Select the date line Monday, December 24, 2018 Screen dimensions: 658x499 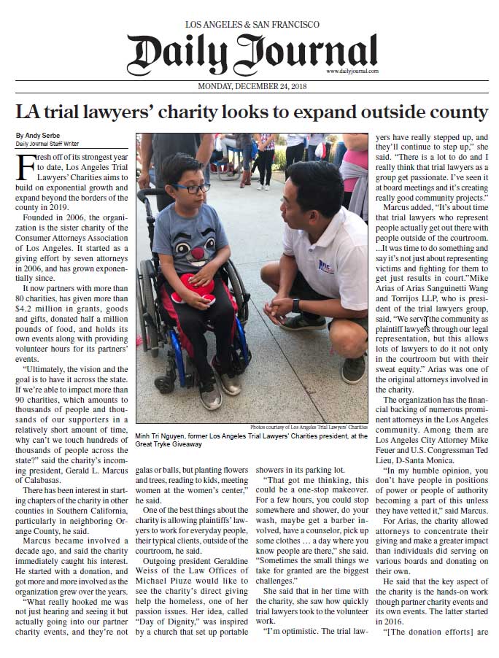(x=252, y=86)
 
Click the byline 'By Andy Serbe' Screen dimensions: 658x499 (x=37, y=136)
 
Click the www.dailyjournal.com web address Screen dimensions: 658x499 (x=352, y=71)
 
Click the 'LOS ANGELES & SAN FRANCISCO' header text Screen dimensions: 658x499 (x=252, y=25)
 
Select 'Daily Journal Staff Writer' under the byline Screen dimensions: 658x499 (x=49, y=144)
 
